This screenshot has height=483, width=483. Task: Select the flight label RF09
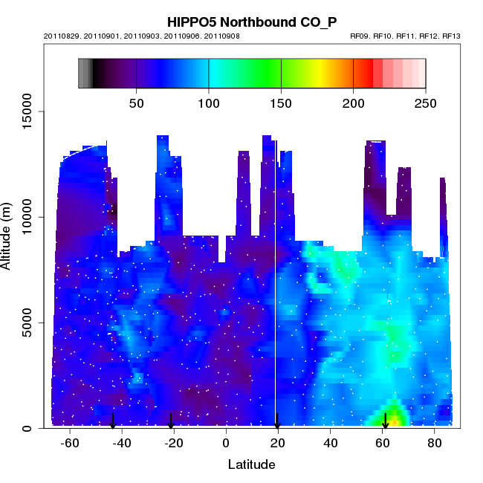tap(361, 36)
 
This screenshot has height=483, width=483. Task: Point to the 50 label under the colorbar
tap(136, 103)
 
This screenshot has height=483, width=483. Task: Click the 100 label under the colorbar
tap(209, 103)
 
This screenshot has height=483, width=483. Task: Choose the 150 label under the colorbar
tap(281, 103)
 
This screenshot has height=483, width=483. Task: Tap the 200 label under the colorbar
tap(354, 103)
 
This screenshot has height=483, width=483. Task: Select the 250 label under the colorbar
tap(425, 103)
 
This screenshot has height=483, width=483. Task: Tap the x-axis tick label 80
tap(435, 443)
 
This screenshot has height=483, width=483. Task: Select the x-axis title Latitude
tap(251, 465)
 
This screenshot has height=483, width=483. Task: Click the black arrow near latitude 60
tap(385, 421)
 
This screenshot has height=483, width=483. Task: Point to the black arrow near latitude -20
tap(171, 421)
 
